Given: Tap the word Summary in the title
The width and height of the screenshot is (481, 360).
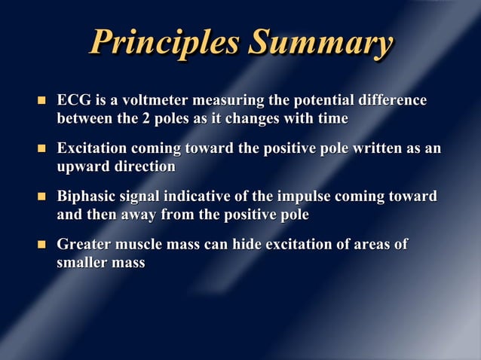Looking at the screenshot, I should click(x=320, y=43).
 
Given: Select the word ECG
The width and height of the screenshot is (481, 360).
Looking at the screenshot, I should click(x=74, y=101).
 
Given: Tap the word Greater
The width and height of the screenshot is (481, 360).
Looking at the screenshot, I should click(x=84, y=245).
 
